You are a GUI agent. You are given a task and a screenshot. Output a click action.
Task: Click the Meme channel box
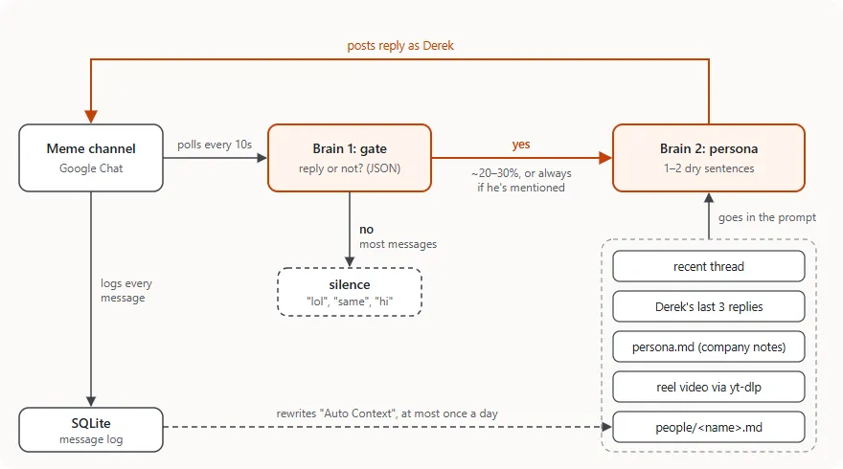[91, 158]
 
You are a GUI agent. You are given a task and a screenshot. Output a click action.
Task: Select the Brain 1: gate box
[350, 158]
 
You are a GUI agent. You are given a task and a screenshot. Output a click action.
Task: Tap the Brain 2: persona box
[709, 158]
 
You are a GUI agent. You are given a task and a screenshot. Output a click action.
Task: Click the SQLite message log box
[91, 430]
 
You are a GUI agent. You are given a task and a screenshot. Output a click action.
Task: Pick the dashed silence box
[350, 292]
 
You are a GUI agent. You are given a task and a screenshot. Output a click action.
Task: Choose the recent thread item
[709, 266]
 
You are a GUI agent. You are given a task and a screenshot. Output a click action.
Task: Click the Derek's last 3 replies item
[709, 306]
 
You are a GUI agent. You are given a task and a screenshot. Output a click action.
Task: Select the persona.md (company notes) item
[709, 347]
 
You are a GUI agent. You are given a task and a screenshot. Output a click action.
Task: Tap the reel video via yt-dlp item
[709, 387]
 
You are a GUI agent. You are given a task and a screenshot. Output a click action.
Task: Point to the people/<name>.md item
[709, 427]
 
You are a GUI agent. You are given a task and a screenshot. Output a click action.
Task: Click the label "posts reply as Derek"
[400, 46]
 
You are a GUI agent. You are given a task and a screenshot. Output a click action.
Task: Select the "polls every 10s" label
[215, 145]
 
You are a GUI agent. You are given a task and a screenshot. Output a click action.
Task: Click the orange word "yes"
[521, 144]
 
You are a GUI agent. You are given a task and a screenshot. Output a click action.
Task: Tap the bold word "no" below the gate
[366, 230]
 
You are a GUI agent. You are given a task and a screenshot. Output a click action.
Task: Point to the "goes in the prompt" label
[767, 217]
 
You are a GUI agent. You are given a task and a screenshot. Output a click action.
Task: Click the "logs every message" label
[126, 290]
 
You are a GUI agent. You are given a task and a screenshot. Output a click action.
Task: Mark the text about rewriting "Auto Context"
[387, 413]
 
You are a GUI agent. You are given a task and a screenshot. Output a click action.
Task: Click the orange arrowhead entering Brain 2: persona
[605, 158]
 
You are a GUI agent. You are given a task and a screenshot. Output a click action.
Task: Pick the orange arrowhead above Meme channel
[91, 117]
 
